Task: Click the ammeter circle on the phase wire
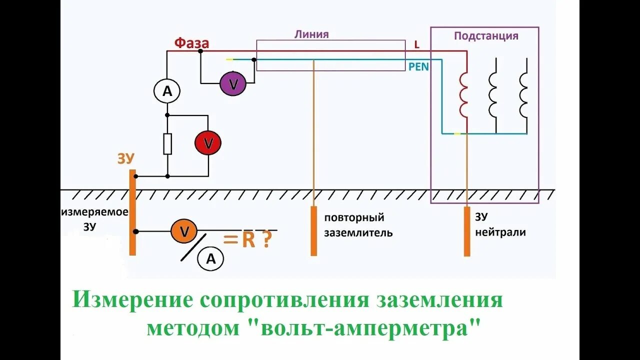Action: (x=166, y=90)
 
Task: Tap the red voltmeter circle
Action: (x=208, y=143)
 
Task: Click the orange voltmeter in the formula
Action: (x=184, y=231)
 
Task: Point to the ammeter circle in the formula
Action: (x=210, y=258)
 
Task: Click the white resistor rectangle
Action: (x=167, y=144)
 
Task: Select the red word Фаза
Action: (x=191, y=43)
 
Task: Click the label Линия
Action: (x=311, y=34)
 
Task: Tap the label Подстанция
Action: (x=486, y=36)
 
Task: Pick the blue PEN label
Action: (x=418, y=66)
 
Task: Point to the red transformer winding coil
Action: (x=463, y=95)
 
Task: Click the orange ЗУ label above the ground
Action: (x=126, y=158)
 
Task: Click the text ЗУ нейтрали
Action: (x=500, y=224)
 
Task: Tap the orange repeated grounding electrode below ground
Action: (x=313, y=230)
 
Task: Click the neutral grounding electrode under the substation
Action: (x=467, y=231)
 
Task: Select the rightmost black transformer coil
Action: (x=523, y=95)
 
